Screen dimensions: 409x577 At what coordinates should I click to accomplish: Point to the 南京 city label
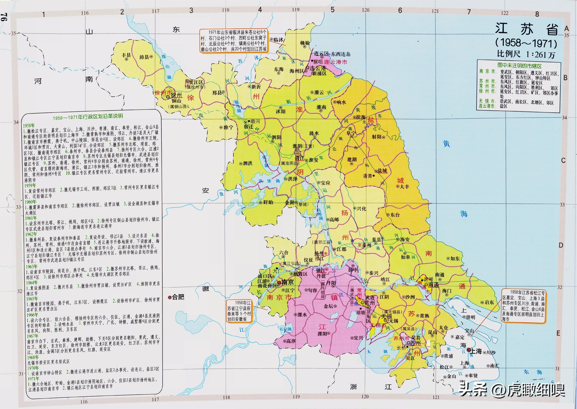point(287,282)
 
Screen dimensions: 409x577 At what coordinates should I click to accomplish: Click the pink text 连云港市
point(335,62)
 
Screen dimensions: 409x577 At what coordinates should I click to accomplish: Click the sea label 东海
point(533,372)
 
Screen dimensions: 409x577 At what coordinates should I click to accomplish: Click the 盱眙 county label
point(268,202)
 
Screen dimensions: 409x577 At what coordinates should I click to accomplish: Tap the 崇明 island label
point(470,317)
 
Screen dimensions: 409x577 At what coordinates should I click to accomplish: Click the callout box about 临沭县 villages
point(234,40)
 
